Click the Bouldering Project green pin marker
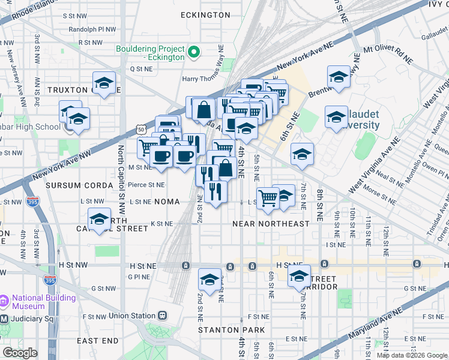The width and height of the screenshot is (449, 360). (x=194, y=53)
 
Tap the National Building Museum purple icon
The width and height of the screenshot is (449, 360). (x=4, y=299)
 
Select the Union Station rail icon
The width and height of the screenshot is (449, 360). (x=162, y=316)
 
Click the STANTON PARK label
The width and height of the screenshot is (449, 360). (x=232, y=330)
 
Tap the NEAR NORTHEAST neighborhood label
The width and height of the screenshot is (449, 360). (x=271, y=224)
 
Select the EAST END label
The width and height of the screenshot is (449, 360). (x=98, y=341)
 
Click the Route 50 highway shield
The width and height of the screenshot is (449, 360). (x=141, y=129)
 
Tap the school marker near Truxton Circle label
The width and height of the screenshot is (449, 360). (x=104, y=83)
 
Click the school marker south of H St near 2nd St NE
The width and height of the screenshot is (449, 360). (x=210, y=280)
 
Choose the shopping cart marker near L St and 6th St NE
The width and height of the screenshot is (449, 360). (x=268, y=196)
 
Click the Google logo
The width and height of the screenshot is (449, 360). (x=20, y=353)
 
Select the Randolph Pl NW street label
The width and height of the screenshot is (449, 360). (x=92, y=29)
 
